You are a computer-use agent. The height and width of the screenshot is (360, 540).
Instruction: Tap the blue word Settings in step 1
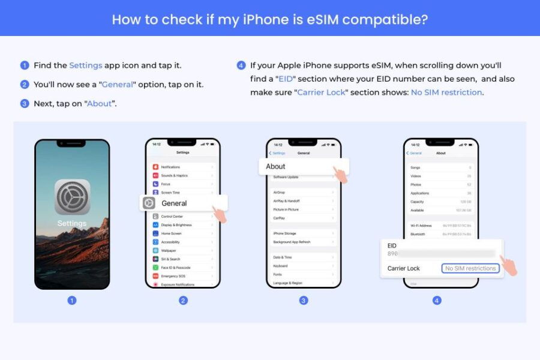(85, 65)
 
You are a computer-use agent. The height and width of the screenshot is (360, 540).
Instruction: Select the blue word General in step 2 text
(117, 85)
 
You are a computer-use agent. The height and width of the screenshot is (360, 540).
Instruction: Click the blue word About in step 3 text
(100, 103)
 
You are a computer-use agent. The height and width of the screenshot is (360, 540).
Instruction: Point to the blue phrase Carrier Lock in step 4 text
(322, 92)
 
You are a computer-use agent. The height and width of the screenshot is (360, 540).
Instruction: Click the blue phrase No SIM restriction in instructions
(446, 92)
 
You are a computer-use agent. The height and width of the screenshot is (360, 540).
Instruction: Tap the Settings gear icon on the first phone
(72, 197)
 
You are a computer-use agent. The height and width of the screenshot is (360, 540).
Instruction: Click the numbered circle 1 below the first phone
(72, 300)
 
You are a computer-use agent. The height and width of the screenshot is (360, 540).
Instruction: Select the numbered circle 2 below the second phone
(184, 300)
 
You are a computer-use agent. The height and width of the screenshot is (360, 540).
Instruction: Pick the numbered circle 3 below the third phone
(304, 300)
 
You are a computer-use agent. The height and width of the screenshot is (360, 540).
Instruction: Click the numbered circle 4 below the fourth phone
(437, 300)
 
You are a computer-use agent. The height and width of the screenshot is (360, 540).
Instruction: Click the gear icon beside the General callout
(149, 203)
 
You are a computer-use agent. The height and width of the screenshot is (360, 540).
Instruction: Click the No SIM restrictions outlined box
(470, 268)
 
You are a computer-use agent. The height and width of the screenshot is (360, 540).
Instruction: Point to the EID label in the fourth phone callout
(392, 246)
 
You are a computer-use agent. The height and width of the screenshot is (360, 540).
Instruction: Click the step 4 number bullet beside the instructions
(241, 65)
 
